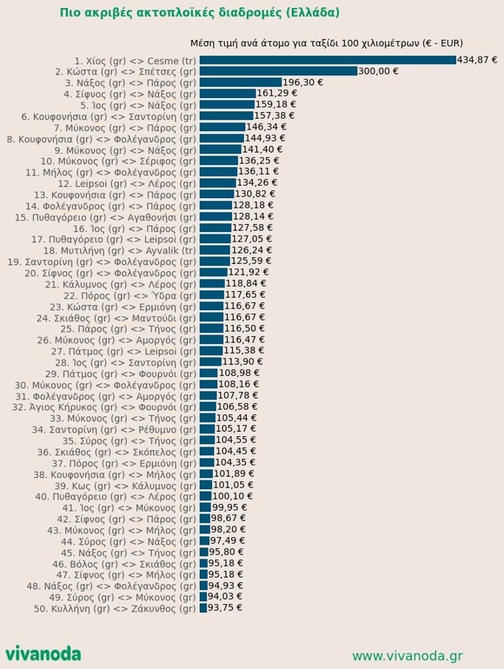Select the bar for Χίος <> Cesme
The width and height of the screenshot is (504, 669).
[x=327, y=60]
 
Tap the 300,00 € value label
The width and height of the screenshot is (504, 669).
[x=378, y=71]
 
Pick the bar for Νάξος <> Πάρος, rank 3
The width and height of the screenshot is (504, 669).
[x=240, y=83]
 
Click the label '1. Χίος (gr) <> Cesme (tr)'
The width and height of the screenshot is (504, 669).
[x=136, y=60]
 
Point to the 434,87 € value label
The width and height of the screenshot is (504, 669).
[x=477, y=60]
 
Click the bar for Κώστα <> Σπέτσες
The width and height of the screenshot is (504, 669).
[x=278, y=71]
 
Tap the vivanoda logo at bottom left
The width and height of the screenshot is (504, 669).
[x=43, y=654]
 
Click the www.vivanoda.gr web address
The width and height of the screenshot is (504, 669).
[x=407, y=656]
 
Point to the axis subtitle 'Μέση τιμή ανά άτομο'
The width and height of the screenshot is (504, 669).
[x=326, y=43]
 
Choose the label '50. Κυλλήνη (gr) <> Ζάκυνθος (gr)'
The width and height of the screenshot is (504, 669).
[x=115, y=609]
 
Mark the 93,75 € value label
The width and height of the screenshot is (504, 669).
[x=225, y=609]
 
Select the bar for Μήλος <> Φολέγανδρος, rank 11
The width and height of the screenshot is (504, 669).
[x=218, y=172]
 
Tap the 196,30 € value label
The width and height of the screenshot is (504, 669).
[x=303, y=83]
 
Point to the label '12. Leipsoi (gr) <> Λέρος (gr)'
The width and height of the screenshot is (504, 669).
[x=127, y=183]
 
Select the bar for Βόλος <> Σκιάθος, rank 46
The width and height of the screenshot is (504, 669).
[x=203, y=564]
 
